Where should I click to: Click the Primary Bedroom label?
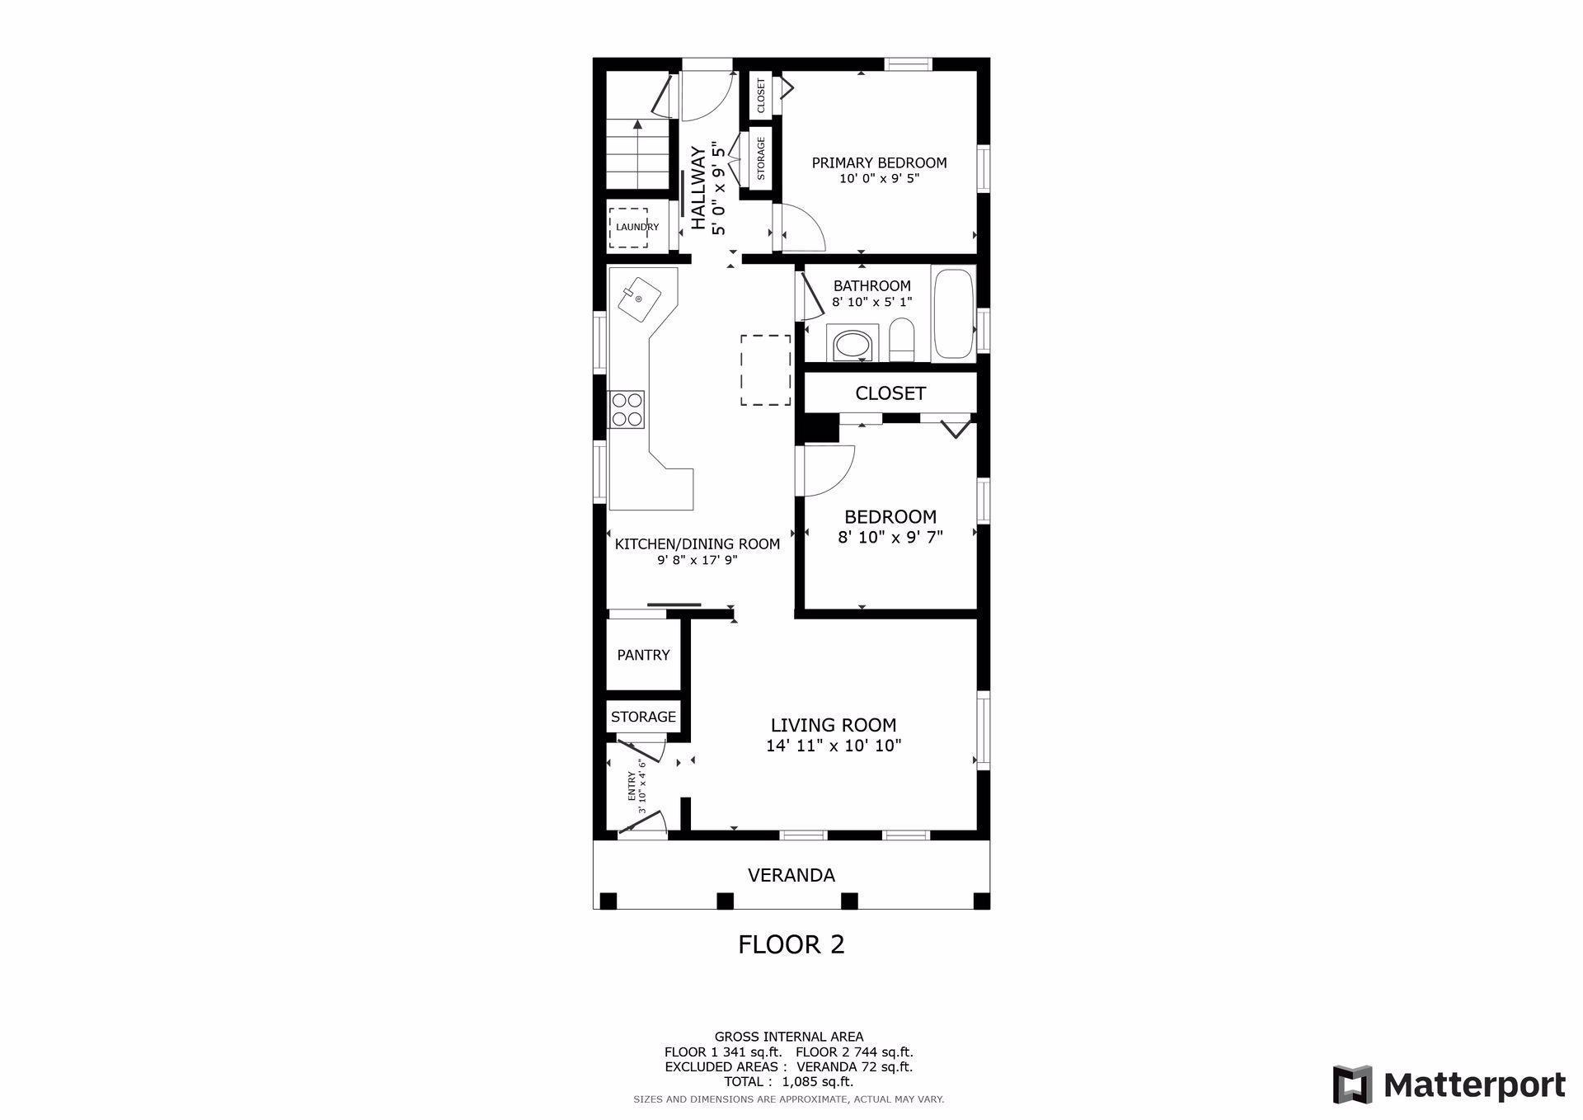click(x=879, y=162)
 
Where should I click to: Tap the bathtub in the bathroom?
click(x=953, y=313)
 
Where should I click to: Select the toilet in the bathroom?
click(x=902, y=341)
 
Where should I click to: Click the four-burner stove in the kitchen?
click(x=627, y=409)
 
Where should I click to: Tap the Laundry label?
click(x=637, y=227)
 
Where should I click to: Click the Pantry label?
click(x=643, y=655)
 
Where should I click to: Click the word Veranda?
click(x=791, y=875)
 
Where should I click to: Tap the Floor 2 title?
click(x=791, y=944)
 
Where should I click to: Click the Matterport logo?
click(x=1449, y=1084)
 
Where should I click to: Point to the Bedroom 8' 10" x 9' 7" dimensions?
click(x=890, y=537)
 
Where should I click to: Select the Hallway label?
click(x=698, y=188)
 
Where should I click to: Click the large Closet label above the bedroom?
click(x=890, y=393)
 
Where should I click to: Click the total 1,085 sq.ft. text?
click(x=788, y=1081)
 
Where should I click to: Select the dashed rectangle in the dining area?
click(x=765, y=369)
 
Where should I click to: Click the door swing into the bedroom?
click(x=829, y=471)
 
